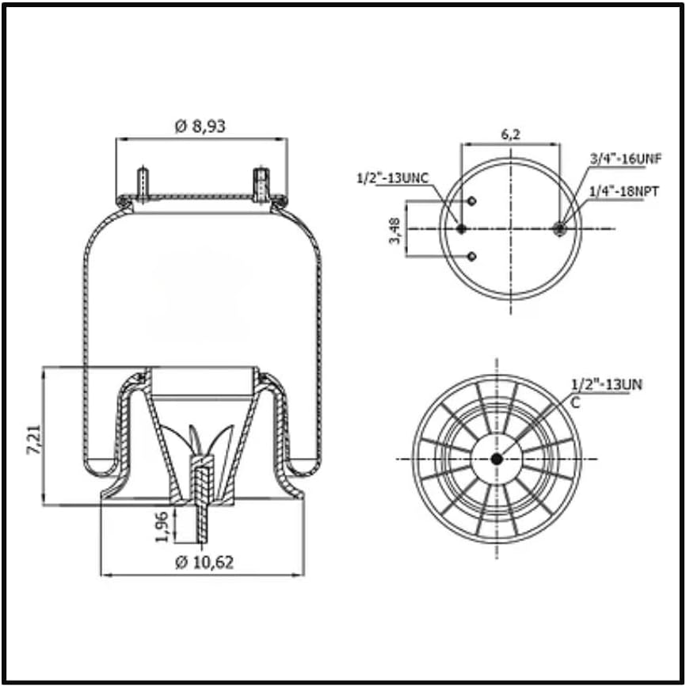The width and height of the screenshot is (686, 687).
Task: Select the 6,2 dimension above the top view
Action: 511,134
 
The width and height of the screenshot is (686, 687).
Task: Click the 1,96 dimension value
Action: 161,527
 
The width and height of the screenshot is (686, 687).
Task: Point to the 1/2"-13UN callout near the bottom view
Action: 606,385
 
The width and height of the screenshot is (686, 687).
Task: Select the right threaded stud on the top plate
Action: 261,184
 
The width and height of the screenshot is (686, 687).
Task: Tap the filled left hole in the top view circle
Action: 461,229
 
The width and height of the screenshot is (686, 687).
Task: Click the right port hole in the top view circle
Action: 561,229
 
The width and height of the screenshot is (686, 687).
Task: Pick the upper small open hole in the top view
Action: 471,201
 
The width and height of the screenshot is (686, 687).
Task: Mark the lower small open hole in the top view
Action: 471,256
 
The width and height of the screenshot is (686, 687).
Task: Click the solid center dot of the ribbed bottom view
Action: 497,459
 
